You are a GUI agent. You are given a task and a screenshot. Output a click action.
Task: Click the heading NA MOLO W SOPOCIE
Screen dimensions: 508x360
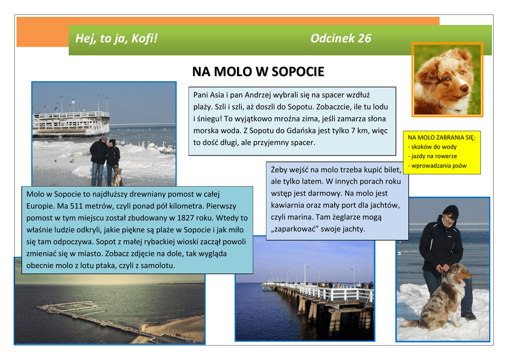click(258, 72)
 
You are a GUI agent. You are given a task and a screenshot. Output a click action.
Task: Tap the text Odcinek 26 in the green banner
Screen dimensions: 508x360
click(340, 38)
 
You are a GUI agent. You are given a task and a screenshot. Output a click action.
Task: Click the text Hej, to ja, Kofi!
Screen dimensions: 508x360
click(116, 38)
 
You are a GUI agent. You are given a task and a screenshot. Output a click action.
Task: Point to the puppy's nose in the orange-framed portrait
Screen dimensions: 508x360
click(464, 88)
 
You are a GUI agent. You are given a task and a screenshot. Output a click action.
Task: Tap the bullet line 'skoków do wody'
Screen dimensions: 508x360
click(432, 147)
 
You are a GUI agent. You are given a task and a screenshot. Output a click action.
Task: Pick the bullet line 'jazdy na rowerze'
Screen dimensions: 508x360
click(432, 156)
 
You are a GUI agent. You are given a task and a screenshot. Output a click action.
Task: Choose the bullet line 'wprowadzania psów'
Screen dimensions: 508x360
click(437, 166)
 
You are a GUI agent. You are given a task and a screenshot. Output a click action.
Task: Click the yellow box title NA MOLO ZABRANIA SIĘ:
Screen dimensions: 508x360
click(442, 138)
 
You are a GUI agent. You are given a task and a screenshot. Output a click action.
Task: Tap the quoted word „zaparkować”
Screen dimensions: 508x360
click(293, 229)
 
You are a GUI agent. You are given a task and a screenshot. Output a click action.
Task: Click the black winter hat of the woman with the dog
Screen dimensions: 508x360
click(450, 211)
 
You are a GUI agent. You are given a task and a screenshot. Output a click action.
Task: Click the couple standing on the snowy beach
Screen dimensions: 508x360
click(105, 161)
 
